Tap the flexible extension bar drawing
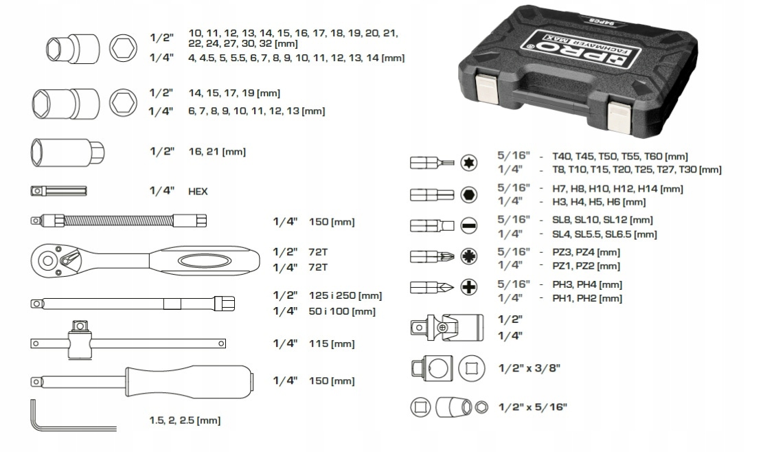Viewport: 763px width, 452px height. coord(118,221)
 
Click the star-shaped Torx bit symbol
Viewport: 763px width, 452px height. coord(468,163)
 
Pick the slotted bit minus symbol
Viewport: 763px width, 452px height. coord(468,226)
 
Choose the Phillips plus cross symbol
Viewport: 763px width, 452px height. coord(468,287)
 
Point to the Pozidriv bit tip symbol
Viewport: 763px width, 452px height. coord(468,256)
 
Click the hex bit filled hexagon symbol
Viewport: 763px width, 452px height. coord(468,194)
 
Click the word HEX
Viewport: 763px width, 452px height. coord(198,192)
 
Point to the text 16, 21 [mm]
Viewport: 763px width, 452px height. coord(217,151)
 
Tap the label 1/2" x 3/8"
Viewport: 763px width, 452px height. coord(529,368)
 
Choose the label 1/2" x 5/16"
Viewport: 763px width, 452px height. coord(533,407)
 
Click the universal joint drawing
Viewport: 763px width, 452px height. coord(446,328)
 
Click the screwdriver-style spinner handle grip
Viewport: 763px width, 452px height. coord(190,381)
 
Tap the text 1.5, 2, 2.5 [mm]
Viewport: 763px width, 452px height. coord(185,420)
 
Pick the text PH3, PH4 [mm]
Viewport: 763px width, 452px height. coord(587,284)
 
